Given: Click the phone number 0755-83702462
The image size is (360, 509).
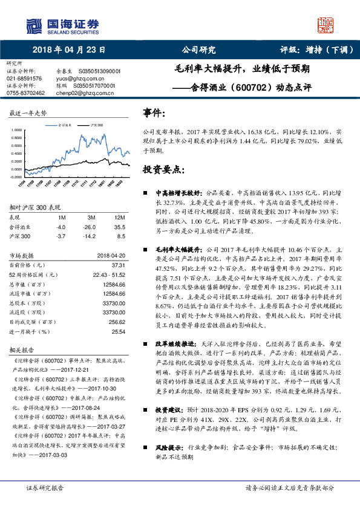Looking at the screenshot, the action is coord(25,93).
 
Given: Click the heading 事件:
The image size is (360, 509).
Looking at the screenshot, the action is coord(155,113).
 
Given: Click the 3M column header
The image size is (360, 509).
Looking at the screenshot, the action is coord(92,218).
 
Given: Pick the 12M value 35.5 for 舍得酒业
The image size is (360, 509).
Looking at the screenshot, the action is coord(120,226).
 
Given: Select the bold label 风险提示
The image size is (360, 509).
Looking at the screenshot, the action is coord(168,448).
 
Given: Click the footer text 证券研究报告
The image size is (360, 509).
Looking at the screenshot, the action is coord(45,488).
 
